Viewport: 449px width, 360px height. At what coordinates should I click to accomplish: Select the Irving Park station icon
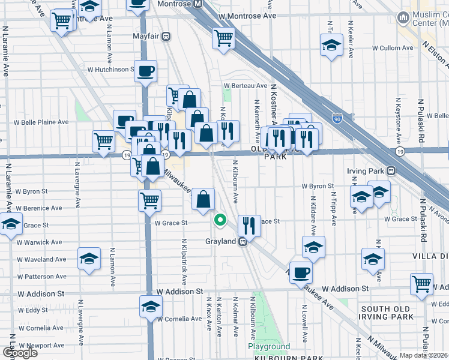coord(391,171)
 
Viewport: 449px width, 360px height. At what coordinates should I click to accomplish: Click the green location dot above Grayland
coord(220,220)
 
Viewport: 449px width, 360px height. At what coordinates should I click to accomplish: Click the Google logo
coord(20,353)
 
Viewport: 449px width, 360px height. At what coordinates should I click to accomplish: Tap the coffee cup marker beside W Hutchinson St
coord(146,73)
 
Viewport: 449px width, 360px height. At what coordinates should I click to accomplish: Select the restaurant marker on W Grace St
coord(249,226)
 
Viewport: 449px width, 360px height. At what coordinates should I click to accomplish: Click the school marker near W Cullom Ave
coord(330,46)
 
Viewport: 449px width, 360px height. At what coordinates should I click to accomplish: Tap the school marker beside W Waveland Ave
coord(89,258)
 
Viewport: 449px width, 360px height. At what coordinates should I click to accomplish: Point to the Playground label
coord(269,347)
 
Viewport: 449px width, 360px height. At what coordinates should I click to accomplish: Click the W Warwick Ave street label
coord(38,243)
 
